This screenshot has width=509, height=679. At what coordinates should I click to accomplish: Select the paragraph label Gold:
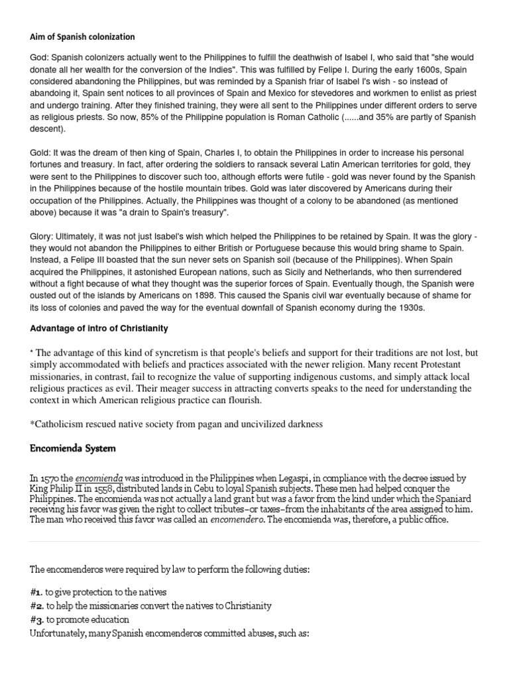[42, 153]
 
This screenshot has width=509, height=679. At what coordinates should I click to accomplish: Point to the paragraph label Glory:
[44, 235]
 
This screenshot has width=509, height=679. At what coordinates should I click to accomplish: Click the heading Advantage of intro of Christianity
[99, 328]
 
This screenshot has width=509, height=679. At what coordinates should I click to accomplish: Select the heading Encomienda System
[73, 448]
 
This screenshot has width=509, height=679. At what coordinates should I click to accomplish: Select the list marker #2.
[36, 605]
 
